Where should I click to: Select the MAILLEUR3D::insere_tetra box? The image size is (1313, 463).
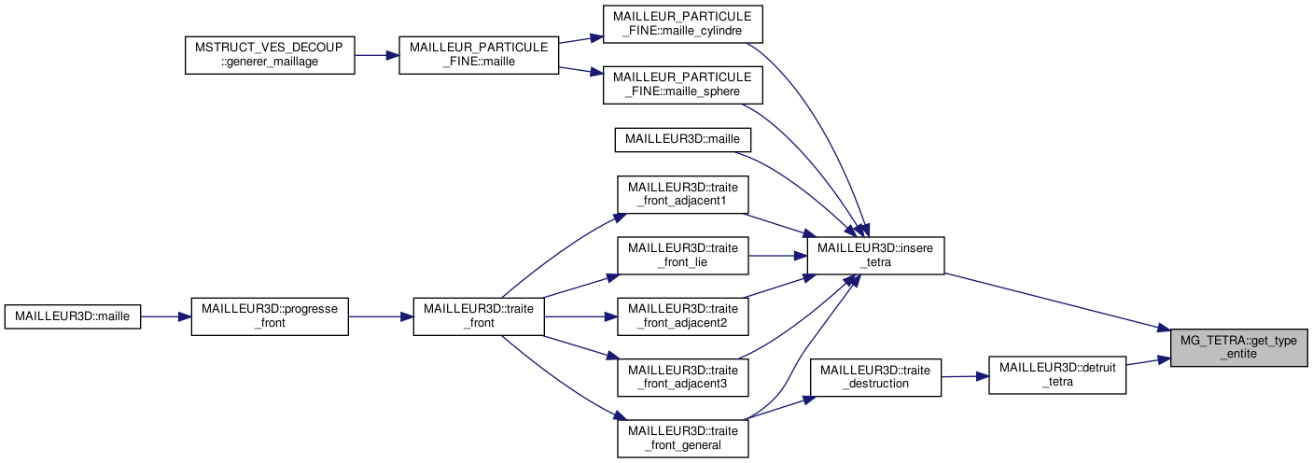pyautogui.click(x=876, y=255)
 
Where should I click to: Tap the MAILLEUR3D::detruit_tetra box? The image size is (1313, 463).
pyautogui.click(x=1057, y=374)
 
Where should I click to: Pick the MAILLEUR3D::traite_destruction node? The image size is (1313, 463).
pyautogui.click(x=876, y=377)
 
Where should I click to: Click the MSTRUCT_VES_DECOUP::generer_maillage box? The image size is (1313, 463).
pyautogui.click(x=270, y=55)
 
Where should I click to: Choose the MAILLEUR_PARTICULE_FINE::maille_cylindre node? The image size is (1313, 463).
pyautogui.click(x=683, y=24)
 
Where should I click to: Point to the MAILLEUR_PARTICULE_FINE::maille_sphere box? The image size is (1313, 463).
pyautogui.click(x=683, y=85)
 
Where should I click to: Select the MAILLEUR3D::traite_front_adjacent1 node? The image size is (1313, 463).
pyautogui.click(x=683, y=194)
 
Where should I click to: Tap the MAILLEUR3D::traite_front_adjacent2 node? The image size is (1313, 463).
pyautogui.click(x=683, y=316)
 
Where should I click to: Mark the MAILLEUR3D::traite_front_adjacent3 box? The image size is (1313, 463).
pyautogui.click(x=683, y=376)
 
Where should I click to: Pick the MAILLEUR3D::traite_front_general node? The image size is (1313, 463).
pyautogui.click(x=683, y=438)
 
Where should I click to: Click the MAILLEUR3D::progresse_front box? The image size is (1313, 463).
pyautogui.click(x=269, y=316)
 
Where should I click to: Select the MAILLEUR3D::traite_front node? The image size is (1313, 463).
pyautogui.click(x=479, y=316)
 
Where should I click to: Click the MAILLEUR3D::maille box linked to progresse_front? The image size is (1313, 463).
pyautogui.click(x=73, y=316)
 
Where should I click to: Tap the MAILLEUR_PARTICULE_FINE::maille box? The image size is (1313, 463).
pyautogui.click(x=479, y=55)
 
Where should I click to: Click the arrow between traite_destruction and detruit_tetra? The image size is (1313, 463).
pyautogui.click(x=965, y=376)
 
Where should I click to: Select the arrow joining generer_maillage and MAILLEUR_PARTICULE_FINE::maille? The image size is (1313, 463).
pyautogui.click(x=376, y=55)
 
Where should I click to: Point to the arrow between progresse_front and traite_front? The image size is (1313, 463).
pyautogui.click(x=381, y=316)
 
